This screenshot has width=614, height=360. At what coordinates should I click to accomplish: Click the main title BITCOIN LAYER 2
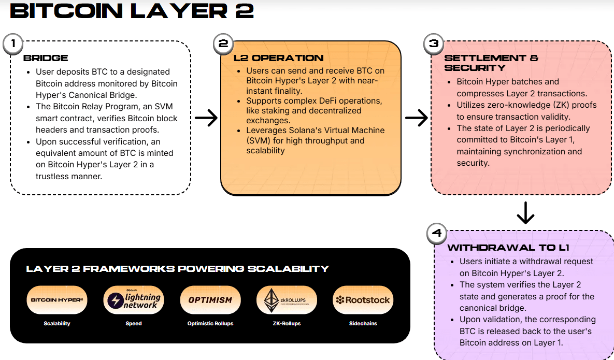[x=132, y=11]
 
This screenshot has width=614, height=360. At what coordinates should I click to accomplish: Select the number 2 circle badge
[x=223, y=44]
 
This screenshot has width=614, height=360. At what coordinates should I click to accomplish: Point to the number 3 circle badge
[x=434, y=44]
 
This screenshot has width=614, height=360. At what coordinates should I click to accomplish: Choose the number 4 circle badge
[x=437, y=234]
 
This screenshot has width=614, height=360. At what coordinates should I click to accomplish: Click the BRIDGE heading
[x=46, y=58]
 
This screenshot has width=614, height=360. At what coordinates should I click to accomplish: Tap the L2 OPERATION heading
[x=278, y=58]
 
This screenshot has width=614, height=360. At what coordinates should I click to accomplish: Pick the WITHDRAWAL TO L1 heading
[x=501, y=248]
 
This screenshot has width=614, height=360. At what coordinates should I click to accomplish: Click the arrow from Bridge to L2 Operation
[x=206, y=118]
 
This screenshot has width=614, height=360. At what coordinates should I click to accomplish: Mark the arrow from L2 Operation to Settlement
[x=416, y=118]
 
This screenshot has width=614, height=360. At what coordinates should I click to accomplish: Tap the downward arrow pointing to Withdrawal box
[x=525, y=212]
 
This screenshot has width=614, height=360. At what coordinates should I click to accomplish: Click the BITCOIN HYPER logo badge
[x=57, y=300]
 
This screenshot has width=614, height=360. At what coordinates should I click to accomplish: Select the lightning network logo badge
[x=133, y=300]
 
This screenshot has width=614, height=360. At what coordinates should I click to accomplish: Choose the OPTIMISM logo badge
[x=210, y=300]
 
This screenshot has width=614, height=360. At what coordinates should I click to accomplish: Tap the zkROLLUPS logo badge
[x=286, y=300]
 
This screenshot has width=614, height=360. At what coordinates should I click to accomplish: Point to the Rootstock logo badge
[x=363, y=300]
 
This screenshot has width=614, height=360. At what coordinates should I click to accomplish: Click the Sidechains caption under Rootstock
[x=363, y=324]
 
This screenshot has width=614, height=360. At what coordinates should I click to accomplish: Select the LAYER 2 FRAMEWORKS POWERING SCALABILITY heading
[x=178, y=269]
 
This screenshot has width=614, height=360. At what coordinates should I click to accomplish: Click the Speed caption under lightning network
[x=133, y=324]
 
